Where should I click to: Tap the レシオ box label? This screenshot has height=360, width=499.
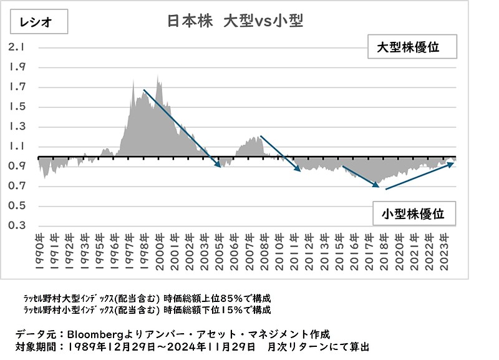pos(35,23)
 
